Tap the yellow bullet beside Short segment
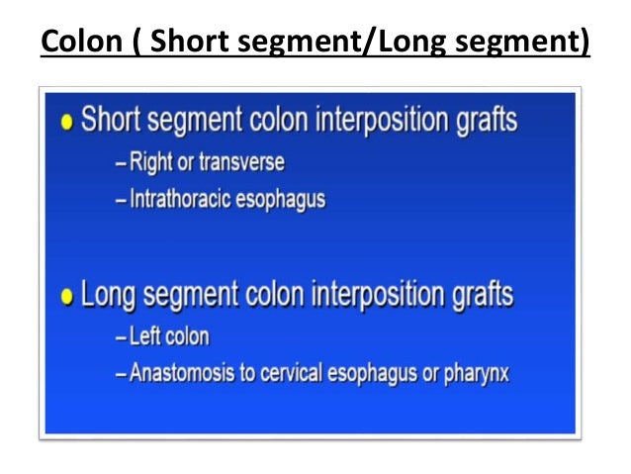(x=67, y=122)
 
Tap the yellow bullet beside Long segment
(x=67, y=296)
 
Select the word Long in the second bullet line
(x=110, y=295)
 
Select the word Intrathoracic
(x=183, y=199)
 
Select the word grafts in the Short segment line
(x=482, y=122)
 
